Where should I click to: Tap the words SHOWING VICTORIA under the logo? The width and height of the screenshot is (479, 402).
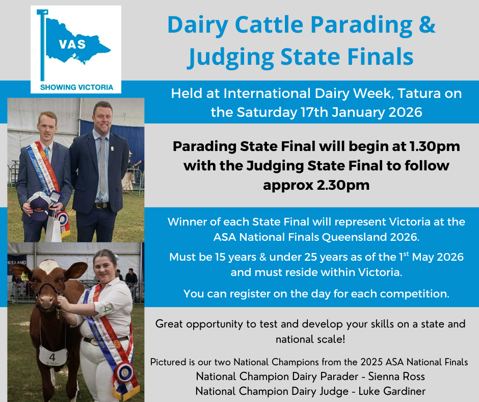coord(76,87)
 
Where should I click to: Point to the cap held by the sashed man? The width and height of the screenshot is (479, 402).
coord(39,203)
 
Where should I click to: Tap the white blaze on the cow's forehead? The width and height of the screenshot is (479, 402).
coord(49,266)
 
